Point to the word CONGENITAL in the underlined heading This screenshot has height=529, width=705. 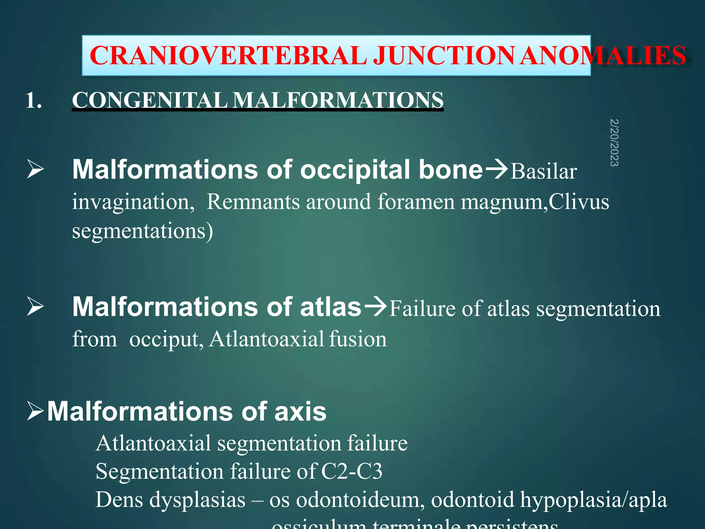click(149, 100)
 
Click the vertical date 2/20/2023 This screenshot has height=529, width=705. click(614, 143)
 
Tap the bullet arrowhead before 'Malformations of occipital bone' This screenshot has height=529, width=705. click(35, 170)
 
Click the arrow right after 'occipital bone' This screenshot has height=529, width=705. click(496, 169)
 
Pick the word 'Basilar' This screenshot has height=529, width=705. click(543, 172)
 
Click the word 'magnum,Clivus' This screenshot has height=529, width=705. click(535, 202)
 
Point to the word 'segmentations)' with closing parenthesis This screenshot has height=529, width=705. click(143, 231)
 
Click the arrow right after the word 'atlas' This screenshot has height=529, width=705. click(375, 306)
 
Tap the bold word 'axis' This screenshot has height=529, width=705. click(300, 412)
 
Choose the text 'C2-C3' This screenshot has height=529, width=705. click(351, 471)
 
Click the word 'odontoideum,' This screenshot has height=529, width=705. click(360, 500)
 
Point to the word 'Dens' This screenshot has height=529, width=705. click(119, 500)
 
